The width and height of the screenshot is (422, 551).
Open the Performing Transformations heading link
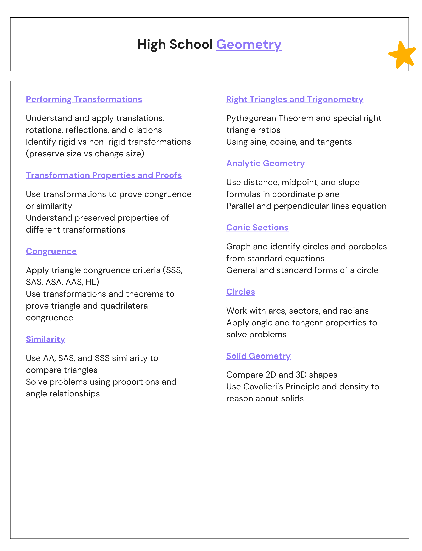[x=84, y=100]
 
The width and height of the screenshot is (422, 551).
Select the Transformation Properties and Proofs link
[x=104, y=175]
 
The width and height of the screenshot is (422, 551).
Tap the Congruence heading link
[x=51, y=251]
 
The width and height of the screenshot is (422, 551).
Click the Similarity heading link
[x=45, y=339]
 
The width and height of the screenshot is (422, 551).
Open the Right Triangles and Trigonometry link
[x=295, y=100]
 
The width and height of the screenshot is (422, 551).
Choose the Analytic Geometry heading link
[x=265, y=163]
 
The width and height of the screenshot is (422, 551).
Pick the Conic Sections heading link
[x=257, y=228]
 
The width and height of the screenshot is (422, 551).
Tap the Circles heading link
[x=241, y=292]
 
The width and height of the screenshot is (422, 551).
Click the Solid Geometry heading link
[x=258, y=356]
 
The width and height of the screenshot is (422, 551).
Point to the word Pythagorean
[x=251, y=118]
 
